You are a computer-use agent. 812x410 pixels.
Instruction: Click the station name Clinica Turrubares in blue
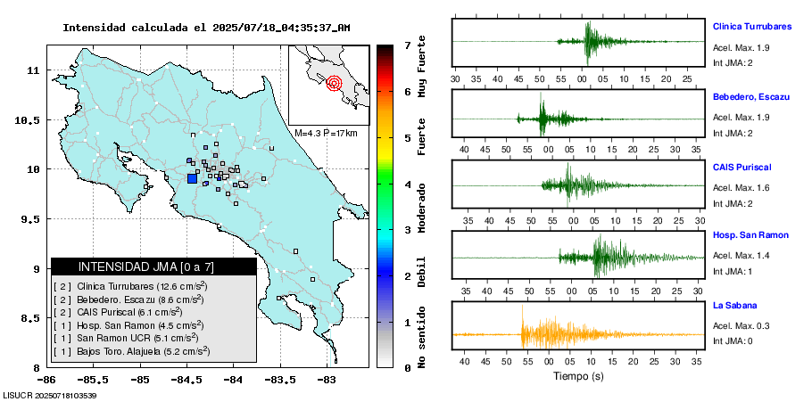[x=752, y=27]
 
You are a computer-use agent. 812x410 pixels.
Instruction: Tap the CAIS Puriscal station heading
[x=742, y=167]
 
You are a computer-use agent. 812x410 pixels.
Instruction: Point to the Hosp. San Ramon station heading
[x=750, y=235]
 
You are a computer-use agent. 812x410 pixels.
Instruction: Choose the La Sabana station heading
[x=734, y=306]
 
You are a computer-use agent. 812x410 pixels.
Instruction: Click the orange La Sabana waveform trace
[x=553, y=334]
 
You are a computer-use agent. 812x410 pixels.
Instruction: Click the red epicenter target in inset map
[x=335, y=84]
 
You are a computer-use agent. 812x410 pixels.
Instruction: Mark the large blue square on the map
[x=192, y=178]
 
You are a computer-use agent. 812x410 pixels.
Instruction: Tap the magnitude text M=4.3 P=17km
[x=326, y=133]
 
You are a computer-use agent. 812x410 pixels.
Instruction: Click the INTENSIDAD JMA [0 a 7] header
[x=153, y=266]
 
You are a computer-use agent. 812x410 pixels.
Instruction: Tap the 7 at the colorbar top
[x=407, y=45]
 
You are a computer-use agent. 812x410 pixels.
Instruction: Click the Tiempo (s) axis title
[x=578, y=376]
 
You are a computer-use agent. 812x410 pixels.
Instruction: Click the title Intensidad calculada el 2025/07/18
[x=206, y=28]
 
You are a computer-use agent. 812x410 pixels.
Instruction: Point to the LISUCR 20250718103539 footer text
[x=50, y=395]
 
